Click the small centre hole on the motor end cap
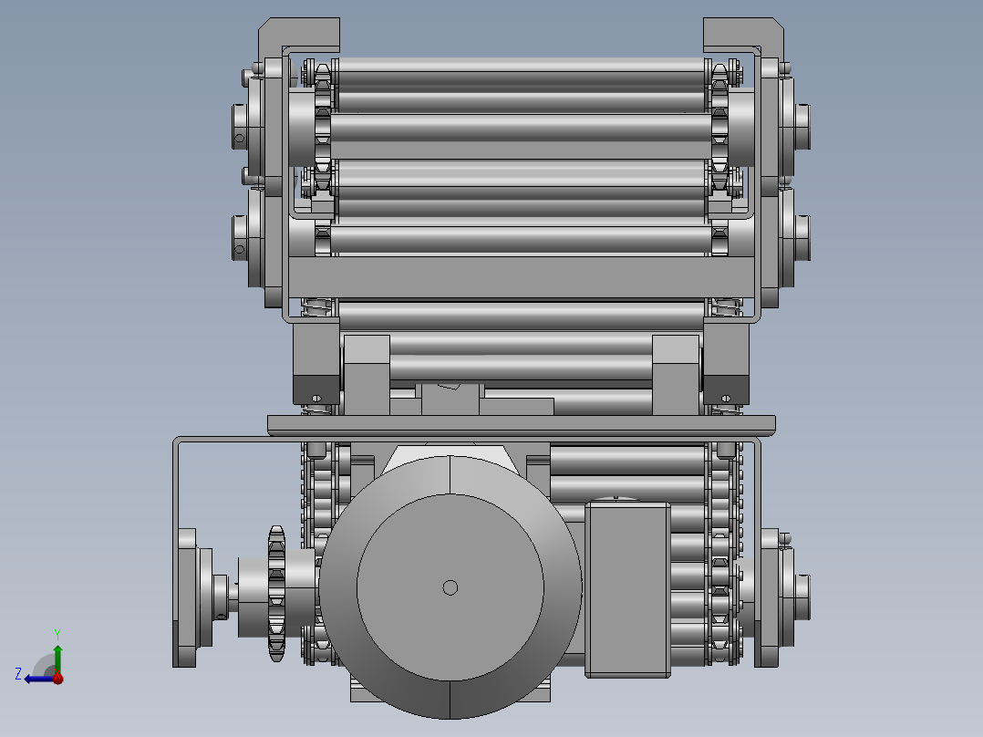click(x=450, y=587)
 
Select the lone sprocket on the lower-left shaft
click(x=276, y=594)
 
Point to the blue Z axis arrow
click(x=39, y=679)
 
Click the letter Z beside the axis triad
click(x=18, y=674)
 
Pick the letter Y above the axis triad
click(x=57, y=634)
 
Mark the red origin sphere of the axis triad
click(x=57, y=678)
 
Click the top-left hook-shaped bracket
click(x=299, y=36)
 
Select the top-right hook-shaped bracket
click(x=743, y=36)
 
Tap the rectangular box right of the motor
click(x=627, y=589)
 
